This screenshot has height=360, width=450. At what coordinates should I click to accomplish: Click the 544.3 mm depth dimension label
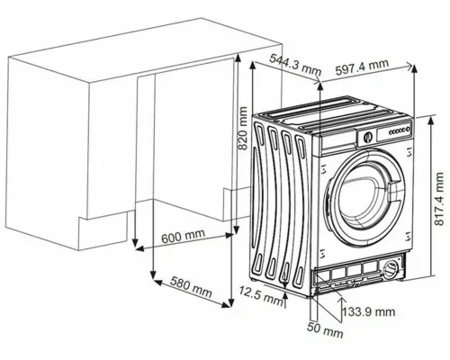tap(295, 65)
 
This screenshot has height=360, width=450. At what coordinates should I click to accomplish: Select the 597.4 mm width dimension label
tap(362, 67)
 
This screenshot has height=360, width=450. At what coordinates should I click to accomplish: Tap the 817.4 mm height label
tap(439, 199)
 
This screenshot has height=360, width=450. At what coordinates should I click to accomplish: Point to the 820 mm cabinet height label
tap(242, 128)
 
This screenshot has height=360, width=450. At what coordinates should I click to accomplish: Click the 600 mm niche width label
tap(184, 236)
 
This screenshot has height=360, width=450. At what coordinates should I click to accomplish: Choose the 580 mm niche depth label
tap(191, 287)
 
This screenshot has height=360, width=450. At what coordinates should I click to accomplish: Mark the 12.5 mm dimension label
tap(261, 295)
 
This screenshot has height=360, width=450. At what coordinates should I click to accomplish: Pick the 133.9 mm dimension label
tap(369, 311)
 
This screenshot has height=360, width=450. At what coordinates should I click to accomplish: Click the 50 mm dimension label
tap(325, 329)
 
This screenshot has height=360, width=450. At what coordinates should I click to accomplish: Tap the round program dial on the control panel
tap(368, 137)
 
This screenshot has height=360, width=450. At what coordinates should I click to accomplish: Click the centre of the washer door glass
tap(362, 200)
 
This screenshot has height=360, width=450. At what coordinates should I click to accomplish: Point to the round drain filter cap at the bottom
tap(391, 267)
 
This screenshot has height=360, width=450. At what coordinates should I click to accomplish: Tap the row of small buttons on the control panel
tap(400, 130)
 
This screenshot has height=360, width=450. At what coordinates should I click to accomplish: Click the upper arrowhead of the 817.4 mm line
tap(431, 120)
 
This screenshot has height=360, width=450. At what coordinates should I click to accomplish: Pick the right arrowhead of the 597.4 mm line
tap(409, 66)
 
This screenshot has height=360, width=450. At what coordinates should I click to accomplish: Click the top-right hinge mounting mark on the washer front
tap(409, 153)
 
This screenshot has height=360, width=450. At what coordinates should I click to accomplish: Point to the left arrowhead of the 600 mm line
tap(139, 248)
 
